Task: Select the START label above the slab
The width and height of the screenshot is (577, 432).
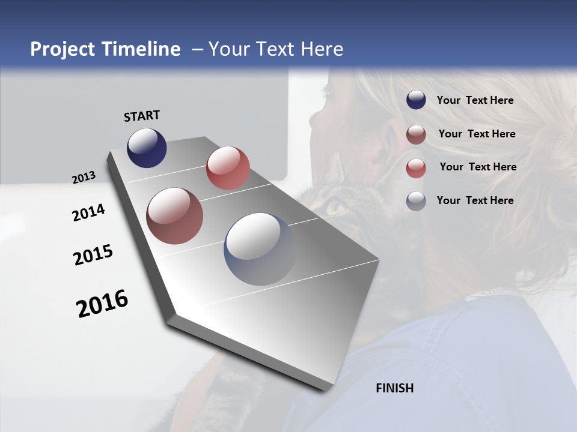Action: point(142,116)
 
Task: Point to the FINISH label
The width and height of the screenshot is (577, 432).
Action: point(394,388)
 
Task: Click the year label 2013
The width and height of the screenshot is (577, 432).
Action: point(84,178)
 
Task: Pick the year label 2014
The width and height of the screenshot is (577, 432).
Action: point(88,213)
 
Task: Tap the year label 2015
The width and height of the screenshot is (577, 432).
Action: point(93,255)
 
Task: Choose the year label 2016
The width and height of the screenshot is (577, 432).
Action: point(102,304)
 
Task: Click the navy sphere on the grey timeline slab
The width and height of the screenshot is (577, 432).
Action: point(147,148)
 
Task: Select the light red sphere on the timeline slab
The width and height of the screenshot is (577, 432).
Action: point(228,168)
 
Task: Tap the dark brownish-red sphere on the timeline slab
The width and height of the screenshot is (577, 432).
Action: point(174,216)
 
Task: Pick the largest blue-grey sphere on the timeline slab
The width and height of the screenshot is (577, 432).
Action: point(260,249)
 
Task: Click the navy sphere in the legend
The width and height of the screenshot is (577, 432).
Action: point(416,100)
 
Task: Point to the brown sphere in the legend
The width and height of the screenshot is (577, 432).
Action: point(416,134)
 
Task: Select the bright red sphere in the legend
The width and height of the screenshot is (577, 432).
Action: point(416,168)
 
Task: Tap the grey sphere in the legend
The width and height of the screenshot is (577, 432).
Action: point(416,201)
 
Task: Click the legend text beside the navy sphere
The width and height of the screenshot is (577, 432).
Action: point(475,100)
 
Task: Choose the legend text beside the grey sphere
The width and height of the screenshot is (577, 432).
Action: point(475,200)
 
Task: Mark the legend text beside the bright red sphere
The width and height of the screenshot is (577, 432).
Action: point(478,167)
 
